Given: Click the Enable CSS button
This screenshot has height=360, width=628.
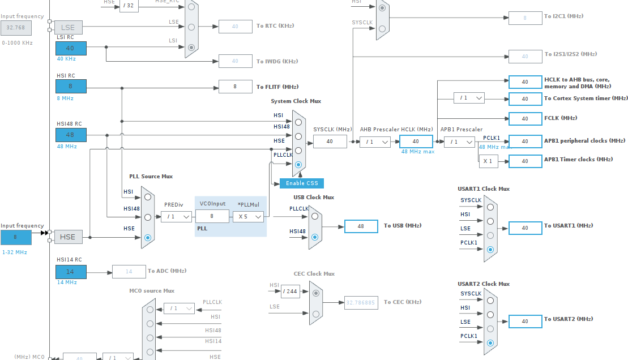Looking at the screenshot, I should [302, 183].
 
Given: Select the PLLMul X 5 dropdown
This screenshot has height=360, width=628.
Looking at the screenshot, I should [250, 216].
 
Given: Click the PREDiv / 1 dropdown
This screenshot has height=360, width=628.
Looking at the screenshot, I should [176, 216].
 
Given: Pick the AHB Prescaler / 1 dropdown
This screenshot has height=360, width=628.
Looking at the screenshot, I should [375, 142].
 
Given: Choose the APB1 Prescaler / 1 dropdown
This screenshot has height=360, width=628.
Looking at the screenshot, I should [459, 142].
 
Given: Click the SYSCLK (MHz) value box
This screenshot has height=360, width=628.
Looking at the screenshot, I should [330, 142].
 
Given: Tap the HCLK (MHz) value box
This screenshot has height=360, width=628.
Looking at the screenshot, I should [416, 142].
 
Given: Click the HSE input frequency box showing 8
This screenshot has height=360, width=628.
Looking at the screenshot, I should [16, 237].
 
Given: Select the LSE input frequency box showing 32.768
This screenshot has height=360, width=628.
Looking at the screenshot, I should [16, 27].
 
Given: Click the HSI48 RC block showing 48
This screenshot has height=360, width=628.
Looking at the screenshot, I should [71, 135].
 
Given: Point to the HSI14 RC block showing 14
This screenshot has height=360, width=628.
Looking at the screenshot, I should [71, 272].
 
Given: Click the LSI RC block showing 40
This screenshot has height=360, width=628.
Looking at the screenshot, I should [71, 48].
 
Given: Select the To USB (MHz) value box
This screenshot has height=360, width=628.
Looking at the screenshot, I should [361, 226].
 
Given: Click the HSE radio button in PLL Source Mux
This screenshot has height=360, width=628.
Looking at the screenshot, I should [148, 238].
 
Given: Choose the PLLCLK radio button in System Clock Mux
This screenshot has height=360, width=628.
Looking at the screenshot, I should [298, 165].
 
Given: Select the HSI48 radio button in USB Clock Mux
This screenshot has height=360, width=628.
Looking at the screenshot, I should [315, 237].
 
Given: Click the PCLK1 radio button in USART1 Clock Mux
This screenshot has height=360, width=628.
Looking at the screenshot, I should [490, 249].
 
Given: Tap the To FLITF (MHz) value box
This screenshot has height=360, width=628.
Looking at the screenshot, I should [236, 87].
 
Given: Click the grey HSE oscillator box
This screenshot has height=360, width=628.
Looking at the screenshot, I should [68, 237].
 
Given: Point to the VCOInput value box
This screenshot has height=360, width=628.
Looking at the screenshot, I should [212, 216].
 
